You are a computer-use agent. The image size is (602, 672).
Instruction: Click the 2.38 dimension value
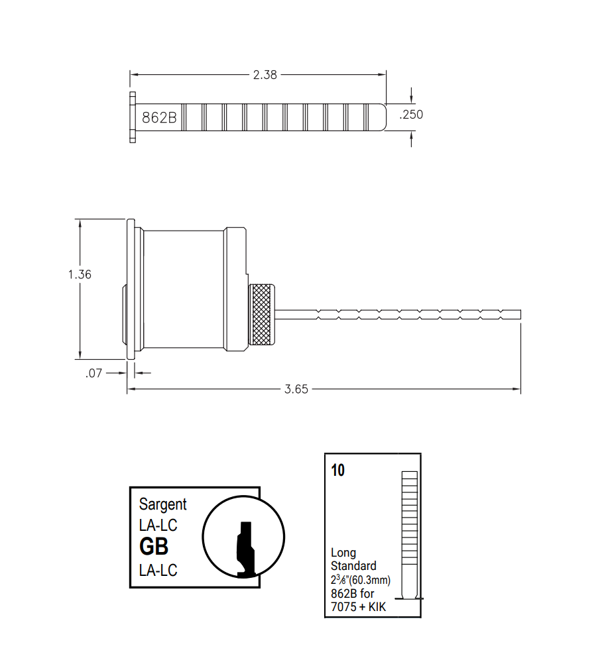click(265, 75)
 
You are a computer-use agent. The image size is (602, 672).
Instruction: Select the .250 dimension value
click(411, 115)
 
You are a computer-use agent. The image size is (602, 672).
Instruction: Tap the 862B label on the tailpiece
click(159, 118)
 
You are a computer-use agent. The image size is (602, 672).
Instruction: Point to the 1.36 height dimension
click(80, 274)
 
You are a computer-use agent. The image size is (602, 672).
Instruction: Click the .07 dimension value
click(94, 373)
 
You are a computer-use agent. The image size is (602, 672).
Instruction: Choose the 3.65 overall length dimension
click(296, 389)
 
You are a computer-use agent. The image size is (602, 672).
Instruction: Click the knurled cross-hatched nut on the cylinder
click(263, 315)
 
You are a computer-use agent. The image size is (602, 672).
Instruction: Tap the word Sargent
click(162, 504)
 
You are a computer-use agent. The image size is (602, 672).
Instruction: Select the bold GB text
click(153, 547)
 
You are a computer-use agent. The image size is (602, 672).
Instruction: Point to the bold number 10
click(337, 471)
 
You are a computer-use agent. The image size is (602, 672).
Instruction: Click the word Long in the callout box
click(343, 553)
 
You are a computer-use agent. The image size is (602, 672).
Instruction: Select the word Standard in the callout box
click(353, 566)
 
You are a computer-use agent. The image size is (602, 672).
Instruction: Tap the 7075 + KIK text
click(358, 606)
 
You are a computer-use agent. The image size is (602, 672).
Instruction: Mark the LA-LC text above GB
click(158, 526)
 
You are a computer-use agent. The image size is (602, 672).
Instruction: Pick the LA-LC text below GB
click(158, 570)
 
